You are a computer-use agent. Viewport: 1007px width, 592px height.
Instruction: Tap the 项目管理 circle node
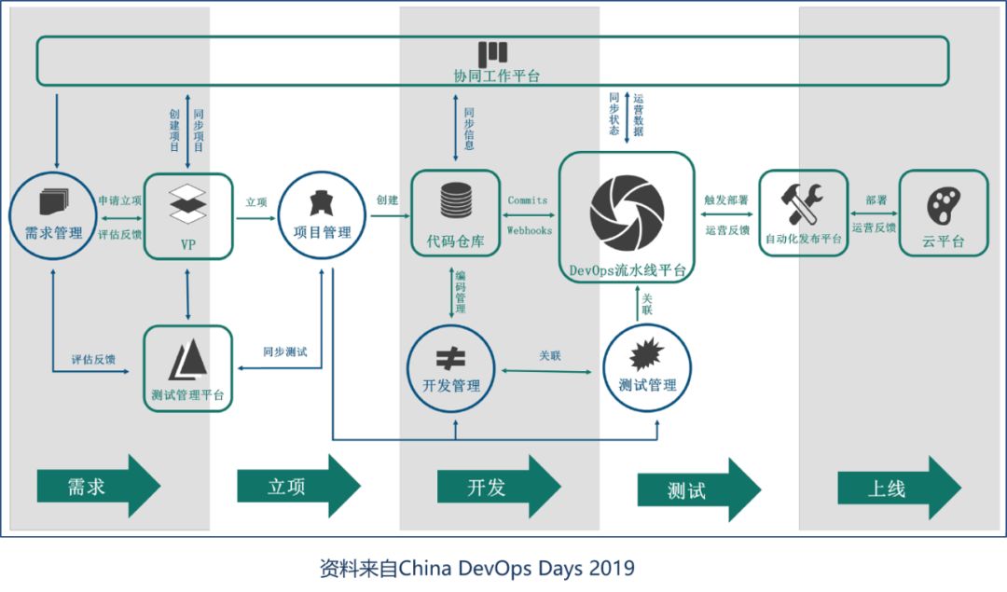(322, 215)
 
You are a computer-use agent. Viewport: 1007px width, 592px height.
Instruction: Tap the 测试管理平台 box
(188, 368)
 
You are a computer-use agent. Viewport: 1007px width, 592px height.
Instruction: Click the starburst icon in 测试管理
(647, 355)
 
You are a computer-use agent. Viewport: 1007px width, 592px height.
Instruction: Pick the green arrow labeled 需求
(98, 486)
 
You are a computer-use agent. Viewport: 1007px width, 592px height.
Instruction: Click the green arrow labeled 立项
(298, 486)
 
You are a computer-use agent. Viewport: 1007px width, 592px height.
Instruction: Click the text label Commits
(528, 200)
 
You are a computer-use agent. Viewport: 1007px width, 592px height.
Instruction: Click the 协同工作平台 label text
(491, 76)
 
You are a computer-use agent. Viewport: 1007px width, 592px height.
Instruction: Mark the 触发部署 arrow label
(726, 200)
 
